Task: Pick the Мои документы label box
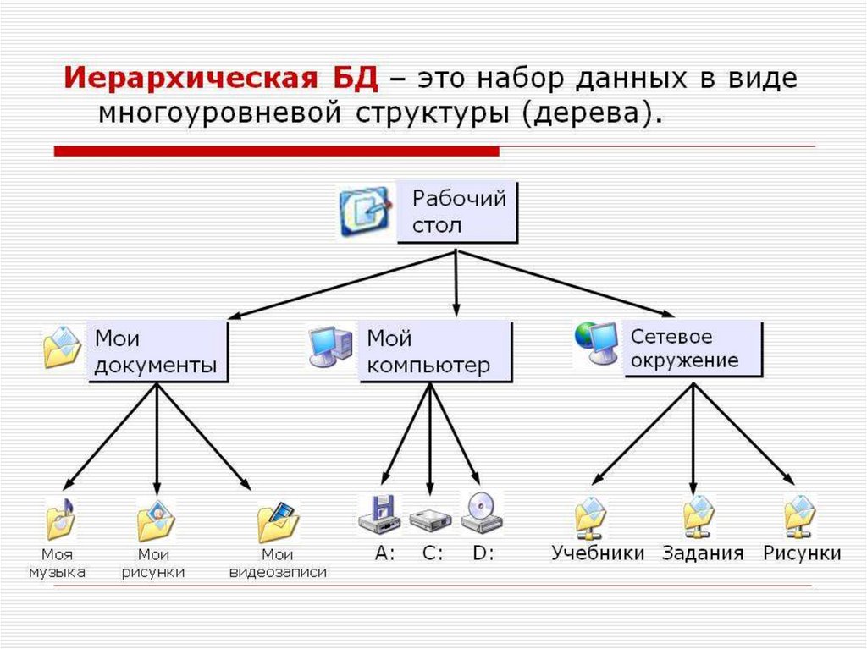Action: click(x=157, y=351)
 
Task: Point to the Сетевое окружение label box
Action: click(x=693, y=348)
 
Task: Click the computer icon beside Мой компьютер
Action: click(x=330, y=345)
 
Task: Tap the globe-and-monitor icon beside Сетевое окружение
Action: click(x=595, y=344)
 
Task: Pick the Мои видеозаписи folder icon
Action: click(x=278, y=522)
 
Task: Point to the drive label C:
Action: click(x=432, y=554)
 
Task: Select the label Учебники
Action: click(x=598, y=553)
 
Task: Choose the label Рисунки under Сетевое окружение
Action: click(x=801, y=553)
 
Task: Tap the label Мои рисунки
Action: click(x=153, y=564)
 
